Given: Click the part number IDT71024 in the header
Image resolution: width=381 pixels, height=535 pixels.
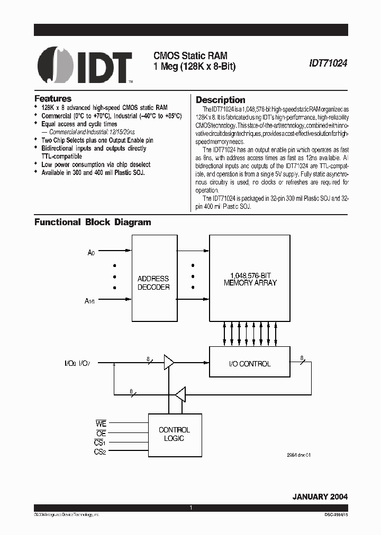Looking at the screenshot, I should click(x=328, y=62).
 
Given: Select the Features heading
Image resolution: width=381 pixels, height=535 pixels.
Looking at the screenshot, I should click(x=53, y=98).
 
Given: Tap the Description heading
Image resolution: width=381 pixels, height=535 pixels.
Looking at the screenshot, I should click(x=220, y=100).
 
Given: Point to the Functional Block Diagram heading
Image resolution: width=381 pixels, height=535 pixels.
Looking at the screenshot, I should click(x=93, y=223).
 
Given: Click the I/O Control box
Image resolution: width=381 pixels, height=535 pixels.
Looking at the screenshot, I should click(x=249, y=364).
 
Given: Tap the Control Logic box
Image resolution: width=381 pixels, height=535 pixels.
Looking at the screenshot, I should click(x=174, y=435).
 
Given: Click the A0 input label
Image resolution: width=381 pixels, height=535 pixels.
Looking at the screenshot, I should click(x=91, y=253).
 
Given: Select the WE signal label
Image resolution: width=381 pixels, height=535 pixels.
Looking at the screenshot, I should click(x=101, y=423).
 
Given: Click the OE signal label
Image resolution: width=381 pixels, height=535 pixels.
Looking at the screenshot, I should click(x=101, y=433).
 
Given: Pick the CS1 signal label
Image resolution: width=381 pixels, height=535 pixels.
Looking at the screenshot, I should click(x=100, y=442).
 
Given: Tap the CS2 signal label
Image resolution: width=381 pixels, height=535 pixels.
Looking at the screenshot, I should click(x=100, y=452).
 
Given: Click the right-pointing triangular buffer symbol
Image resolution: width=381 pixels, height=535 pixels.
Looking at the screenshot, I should click(x=169, y=363).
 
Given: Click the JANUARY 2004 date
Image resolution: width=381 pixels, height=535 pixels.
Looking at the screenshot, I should click(x=320, y=497).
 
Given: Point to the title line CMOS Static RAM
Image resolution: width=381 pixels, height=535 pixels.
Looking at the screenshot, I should click(x=184, y=54).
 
